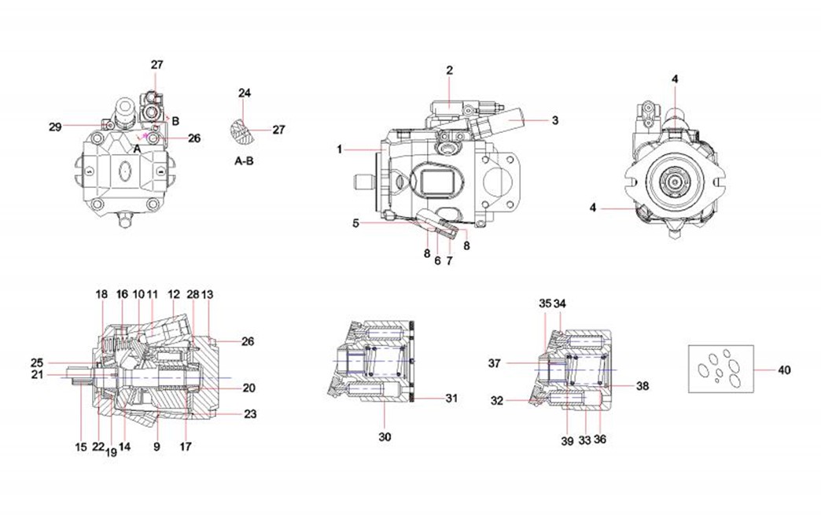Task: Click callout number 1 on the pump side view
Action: coord(339,149)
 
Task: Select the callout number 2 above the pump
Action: coord(450,70)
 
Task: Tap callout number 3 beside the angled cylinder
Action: coord(554,120)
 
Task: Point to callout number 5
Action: coord(355,223)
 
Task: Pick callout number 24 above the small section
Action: coord(245,93)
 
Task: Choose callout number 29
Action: coord(54,126)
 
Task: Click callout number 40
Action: coord(784,370)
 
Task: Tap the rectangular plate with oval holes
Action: coord(720,368)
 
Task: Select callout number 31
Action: coord(451,399)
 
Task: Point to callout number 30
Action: coord(385,436)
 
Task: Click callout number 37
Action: coord(494,363)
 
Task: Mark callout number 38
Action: coord(642,386)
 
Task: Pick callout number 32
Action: coord(497,400)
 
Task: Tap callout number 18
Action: coord(101,293)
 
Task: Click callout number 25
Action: coord(37,362)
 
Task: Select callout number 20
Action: coord(249,388)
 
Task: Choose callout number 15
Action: coord(81,447)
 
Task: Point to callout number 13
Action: coord(208,293)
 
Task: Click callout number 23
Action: coord(249,414)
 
